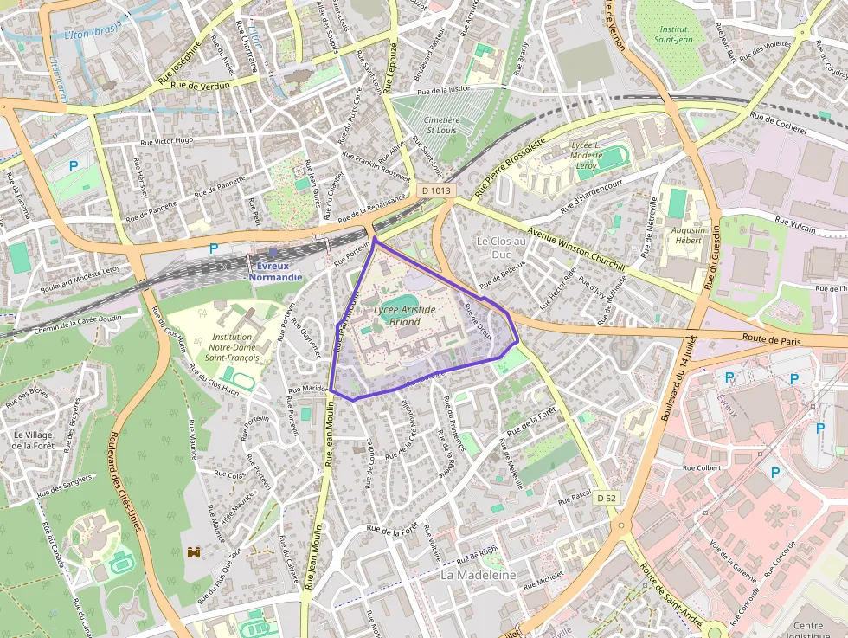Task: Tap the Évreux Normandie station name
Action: click(276, 272)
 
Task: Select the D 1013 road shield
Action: click(437, 190)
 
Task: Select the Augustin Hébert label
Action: click(689, 236)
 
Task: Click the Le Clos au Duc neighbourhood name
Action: click(500, 248)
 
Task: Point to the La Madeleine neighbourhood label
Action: click(479, 575)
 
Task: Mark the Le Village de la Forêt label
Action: click(34, 440)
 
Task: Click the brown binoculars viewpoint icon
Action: click(194, 551)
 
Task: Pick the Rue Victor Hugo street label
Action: click(167, 140)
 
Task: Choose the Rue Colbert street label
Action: click(701, 468)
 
